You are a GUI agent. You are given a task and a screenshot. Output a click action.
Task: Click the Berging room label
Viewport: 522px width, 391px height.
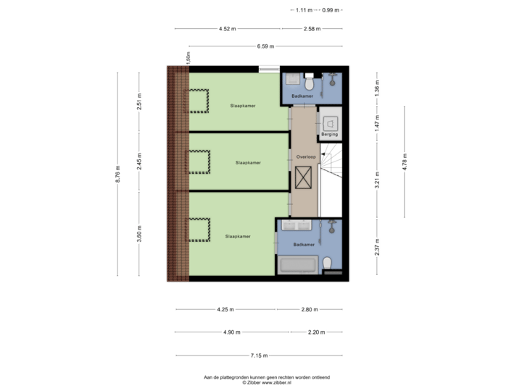click(x=330, y=134)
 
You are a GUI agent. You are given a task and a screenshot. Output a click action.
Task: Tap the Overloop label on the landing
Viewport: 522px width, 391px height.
click(x=305, y=156)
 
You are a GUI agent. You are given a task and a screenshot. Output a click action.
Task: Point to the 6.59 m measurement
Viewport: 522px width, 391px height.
click(x=266, y=46)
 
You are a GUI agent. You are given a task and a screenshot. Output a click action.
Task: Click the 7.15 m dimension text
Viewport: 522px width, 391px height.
click(x=259, y=356)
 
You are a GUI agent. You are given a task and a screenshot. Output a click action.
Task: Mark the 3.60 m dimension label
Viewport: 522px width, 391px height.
click(x=140, y=235)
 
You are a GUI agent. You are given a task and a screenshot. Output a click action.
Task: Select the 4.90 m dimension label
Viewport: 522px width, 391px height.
click(x=231, y=332)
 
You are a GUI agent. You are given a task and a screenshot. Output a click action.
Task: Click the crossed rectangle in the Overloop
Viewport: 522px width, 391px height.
click(x=304, y=177)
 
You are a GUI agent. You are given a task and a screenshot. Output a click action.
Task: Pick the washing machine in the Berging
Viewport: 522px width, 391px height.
click(x=330, y=122)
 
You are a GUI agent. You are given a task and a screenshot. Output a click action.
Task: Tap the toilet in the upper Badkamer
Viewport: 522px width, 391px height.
click(x=310, y=78)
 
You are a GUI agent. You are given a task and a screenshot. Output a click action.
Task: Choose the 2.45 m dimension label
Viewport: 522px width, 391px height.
click(x=140, y=163)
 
